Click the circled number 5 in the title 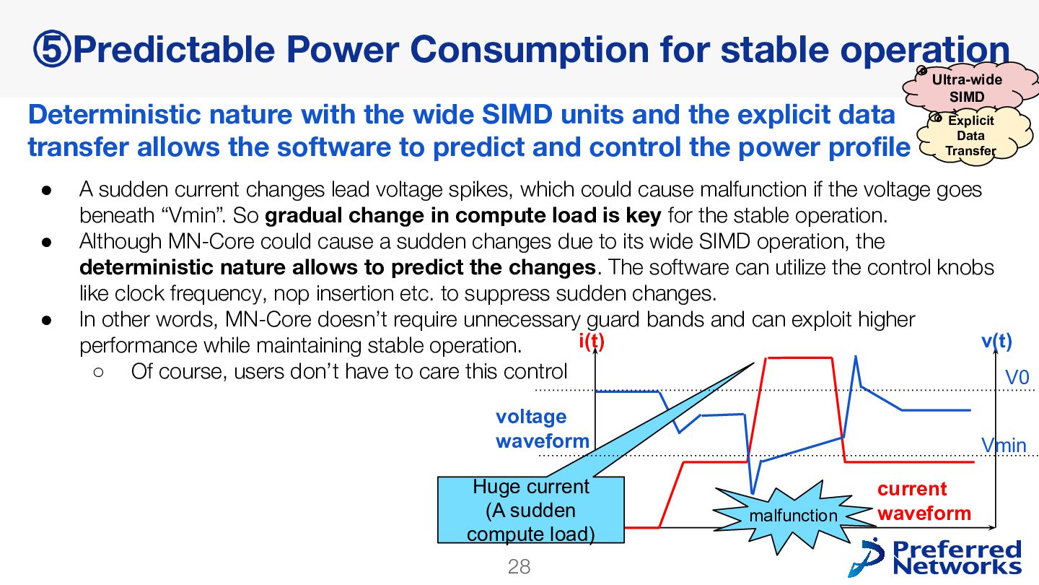point(51,49)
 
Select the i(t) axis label point(592,342)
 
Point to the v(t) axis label point(997,341)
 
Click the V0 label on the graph point(1017,378)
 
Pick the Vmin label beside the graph point(1004,446)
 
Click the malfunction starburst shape point(794,516)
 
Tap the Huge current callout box point(530,510)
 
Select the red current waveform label point(924,501)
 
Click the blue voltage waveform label point(543,428)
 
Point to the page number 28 point(519,566)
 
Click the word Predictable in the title point(175,49)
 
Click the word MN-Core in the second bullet point(211,241)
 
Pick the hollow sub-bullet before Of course point(98,372)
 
